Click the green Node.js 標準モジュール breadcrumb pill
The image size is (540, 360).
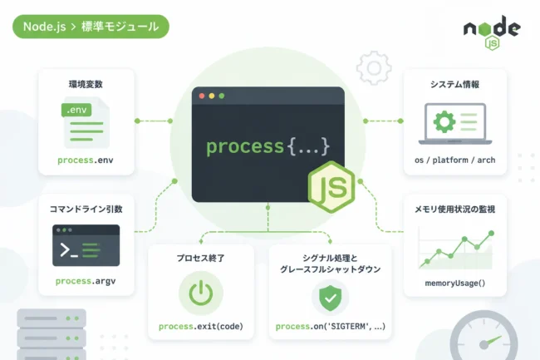91,27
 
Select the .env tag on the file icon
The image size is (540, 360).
76,110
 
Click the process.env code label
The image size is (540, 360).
86,160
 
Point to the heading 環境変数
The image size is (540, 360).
86,85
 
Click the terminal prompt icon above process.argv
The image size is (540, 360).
86,245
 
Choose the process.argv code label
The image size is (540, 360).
86,281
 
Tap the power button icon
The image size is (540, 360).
201,293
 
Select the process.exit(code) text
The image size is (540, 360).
201,326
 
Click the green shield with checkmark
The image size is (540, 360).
331,298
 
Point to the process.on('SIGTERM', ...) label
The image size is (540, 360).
331,326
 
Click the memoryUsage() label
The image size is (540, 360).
455,284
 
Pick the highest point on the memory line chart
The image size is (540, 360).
492,234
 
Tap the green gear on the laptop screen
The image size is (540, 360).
444,121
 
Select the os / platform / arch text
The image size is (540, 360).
455,160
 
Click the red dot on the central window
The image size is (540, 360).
202,96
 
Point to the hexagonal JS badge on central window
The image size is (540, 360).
331,186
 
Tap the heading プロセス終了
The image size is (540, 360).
201,258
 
